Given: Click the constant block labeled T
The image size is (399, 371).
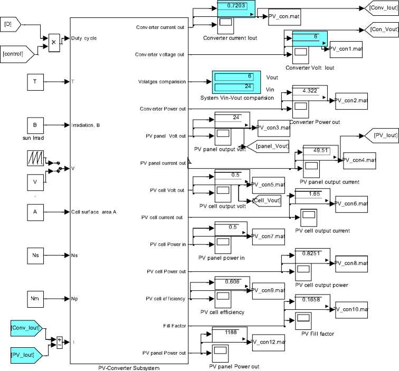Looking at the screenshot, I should tap(35, 82).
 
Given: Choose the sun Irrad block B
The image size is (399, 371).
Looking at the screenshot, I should tap(35, 125).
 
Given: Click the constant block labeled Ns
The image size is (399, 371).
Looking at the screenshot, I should tap(35, 255).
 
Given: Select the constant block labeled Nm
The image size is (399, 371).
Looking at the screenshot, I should tap(35, 299).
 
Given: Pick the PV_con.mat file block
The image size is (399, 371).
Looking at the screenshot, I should tap(284, 16).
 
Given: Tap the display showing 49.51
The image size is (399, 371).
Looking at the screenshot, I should tap(321, 151).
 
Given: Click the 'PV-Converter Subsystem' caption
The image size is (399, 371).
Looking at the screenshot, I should tap(129, 367).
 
